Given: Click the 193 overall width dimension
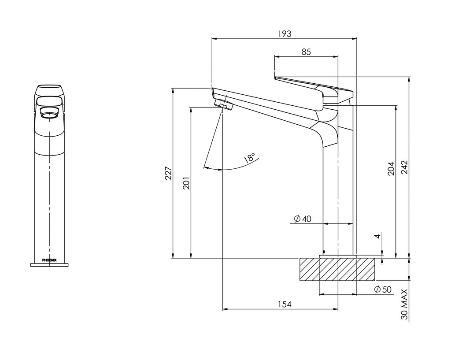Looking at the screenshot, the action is pos(285,34).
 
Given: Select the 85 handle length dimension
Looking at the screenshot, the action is pos(306,52).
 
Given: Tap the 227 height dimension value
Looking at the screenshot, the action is pos(168,173).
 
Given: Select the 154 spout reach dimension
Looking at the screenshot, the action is pos(285,304).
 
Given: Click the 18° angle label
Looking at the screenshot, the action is pos(249,158).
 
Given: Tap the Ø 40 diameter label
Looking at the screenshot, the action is pos(303,219).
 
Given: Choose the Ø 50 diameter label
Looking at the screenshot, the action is pos(383,289).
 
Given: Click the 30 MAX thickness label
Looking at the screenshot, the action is pos(404,304).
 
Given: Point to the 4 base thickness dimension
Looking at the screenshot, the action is pos(378,236).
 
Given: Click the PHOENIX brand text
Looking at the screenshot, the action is pos(49,260).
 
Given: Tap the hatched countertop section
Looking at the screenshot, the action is pos(337,269).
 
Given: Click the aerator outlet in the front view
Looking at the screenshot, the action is pos(49,112).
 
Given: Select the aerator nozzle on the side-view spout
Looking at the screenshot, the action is pos(223,105).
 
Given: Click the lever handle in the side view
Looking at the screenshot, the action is pos(314,92).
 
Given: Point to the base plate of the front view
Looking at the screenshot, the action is pos(49,265).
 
